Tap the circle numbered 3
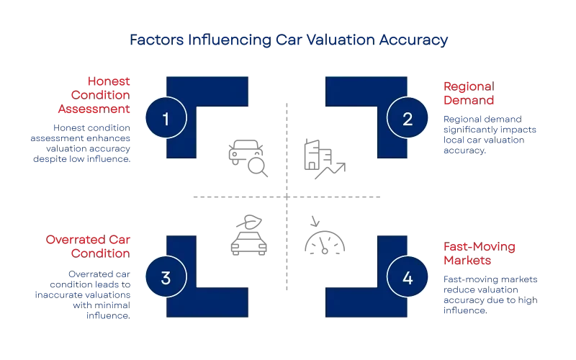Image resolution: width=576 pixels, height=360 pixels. point(166,277)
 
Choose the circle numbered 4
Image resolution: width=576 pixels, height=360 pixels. point(408,277)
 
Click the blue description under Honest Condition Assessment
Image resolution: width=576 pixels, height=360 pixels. point(83,143)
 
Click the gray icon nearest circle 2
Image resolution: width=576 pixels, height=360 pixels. point(321,157)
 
